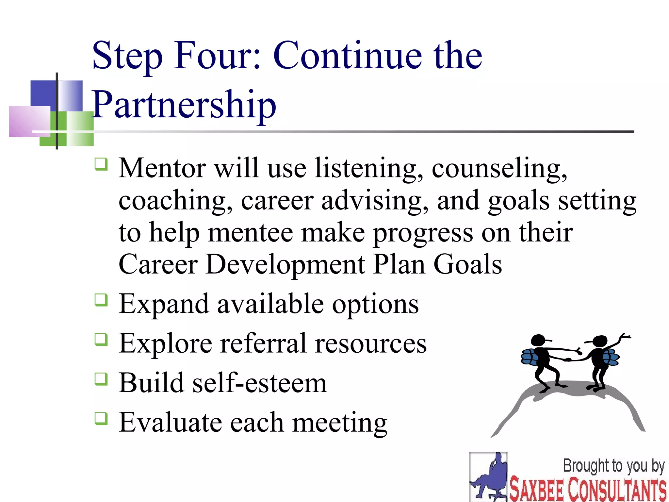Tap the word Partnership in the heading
[184, 105]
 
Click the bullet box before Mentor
[101, 164]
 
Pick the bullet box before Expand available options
[101, 299]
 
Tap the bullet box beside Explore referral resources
[101, 339]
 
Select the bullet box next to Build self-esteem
[101, 379]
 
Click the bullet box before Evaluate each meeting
[101, 418]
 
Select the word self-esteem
[259, 383]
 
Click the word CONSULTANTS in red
[617, 489]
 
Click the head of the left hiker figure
[538, 341]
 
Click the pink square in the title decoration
[29, 121]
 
